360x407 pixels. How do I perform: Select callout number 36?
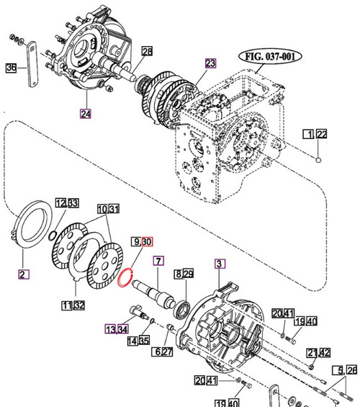coord(11,68)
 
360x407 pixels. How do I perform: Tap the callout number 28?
coord(147,51)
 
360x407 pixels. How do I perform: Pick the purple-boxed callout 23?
coord(210,63)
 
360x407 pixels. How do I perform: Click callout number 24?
coord(86,112)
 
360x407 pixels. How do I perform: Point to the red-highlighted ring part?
coord(127,277)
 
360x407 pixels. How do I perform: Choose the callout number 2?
coord(23,274)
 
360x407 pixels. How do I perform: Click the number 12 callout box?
coord(60,203)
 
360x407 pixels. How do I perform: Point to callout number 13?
coord(110,329)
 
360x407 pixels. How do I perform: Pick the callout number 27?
coord(168,352)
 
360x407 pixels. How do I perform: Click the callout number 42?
coord(325,352)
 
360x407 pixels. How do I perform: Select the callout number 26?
coord(352,371)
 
